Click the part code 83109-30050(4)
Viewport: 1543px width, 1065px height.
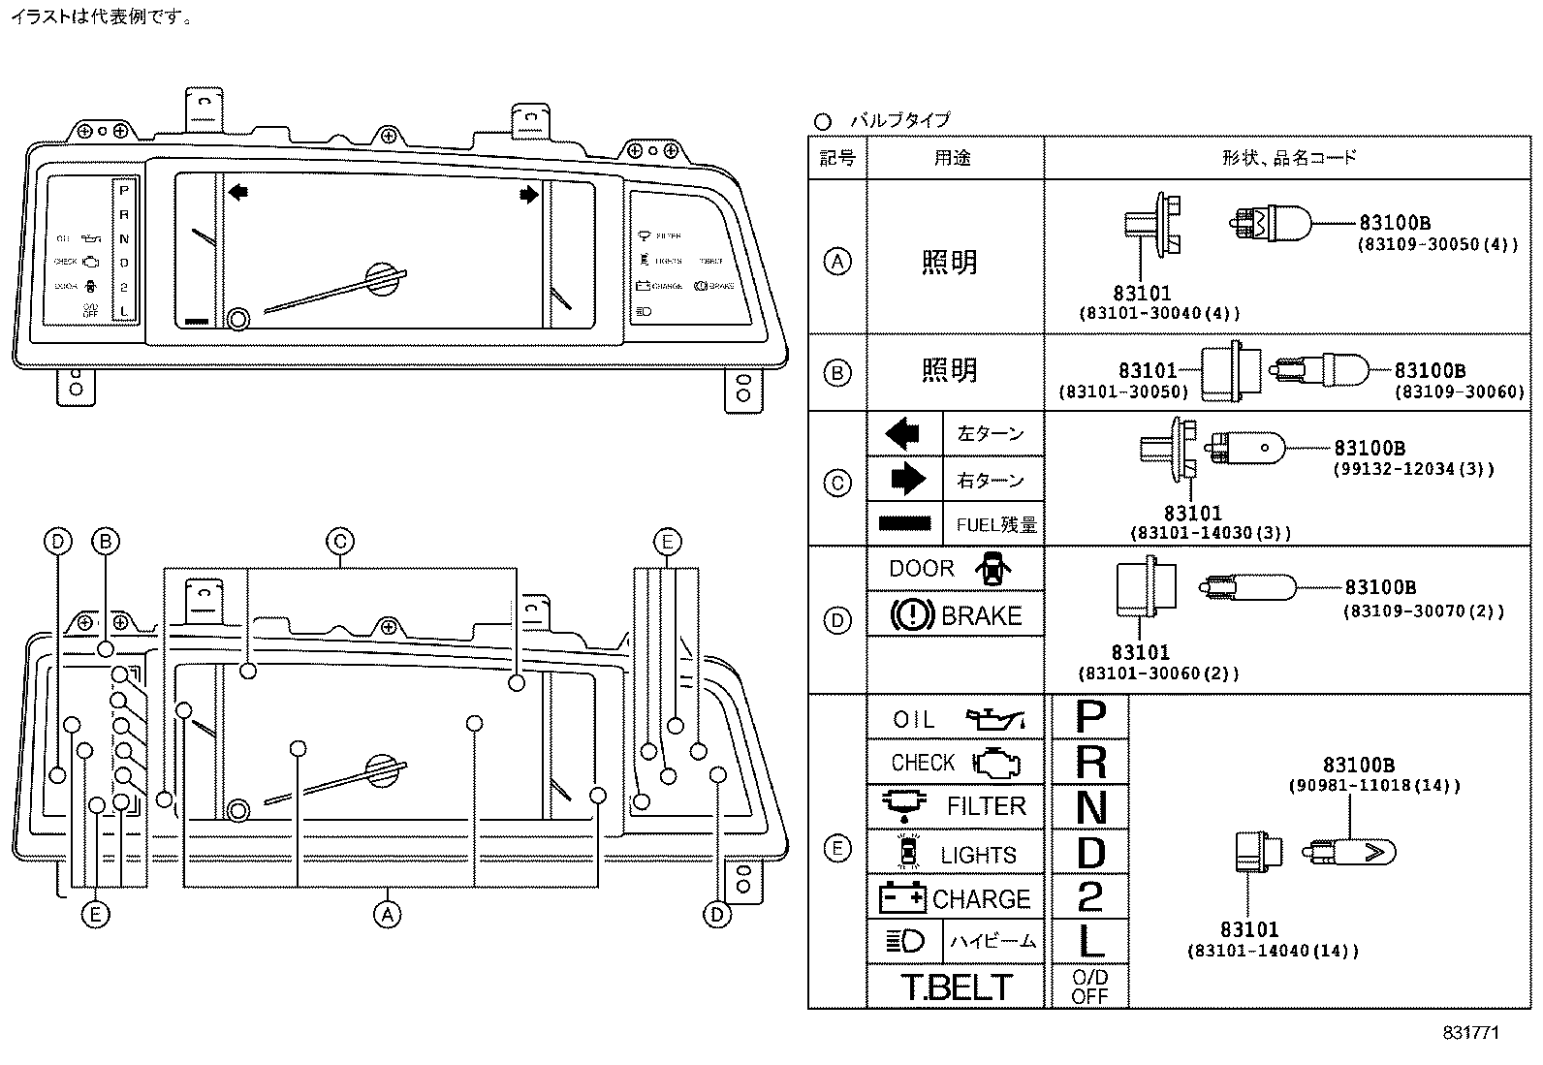coord(1436,244)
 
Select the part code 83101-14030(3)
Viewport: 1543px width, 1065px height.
coord(1211,533)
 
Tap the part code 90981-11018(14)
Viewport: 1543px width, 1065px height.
coord(1373,786)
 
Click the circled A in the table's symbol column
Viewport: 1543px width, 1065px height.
coord(837,261)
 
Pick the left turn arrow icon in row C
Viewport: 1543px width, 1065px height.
coord(903,433)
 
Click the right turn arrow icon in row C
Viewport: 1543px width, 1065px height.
coord(907,479)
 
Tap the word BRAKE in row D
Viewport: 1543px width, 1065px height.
coord(981,616)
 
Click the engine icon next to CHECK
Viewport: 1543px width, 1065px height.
coord(995,763)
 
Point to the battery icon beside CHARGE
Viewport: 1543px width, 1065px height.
coord(902,898)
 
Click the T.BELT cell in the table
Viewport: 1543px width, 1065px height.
coord(956,987)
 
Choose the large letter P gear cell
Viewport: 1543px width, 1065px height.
coord(1090,718)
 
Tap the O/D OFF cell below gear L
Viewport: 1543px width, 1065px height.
coord(1089,987)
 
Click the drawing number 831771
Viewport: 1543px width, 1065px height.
coord(1470,1033)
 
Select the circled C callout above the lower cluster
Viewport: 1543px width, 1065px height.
coord(339,542)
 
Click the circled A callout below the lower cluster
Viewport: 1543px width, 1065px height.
coord(387,914)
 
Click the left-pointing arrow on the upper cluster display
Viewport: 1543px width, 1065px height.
coord(237,193)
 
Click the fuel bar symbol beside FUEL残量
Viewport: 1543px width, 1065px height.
coord(905,523)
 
